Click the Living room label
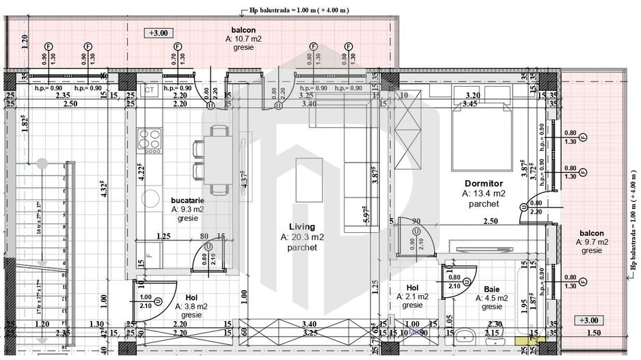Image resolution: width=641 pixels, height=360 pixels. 301,227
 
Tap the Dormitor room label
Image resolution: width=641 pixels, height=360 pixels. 483,184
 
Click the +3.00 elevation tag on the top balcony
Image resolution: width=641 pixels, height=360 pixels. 161,32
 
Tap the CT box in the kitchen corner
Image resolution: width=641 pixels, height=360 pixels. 149,89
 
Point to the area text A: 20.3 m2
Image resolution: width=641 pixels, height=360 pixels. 302,237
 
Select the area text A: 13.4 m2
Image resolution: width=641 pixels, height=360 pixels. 483,193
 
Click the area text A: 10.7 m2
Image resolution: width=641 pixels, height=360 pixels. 243,40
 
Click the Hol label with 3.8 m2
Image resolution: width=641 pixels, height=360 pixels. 191,297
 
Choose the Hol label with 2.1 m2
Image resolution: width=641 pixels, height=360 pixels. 412,288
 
